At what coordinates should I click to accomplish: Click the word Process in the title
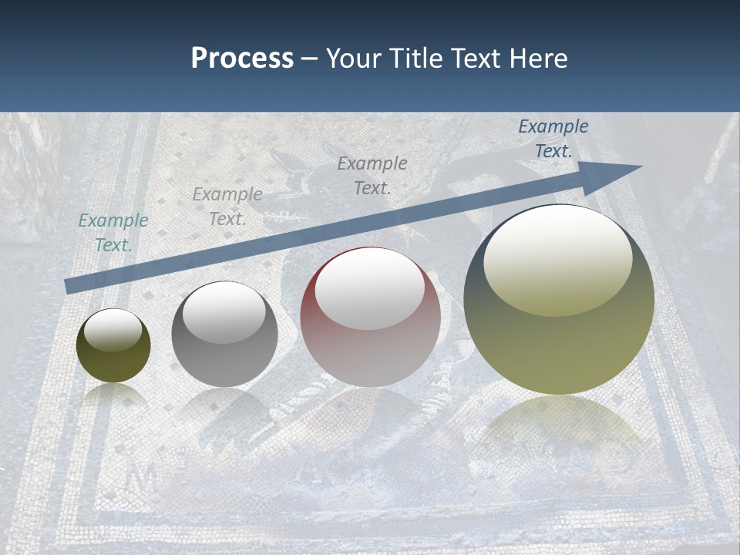[242, 59]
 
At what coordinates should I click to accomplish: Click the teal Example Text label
[113, 233]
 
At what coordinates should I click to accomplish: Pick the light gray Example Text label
[227, 207]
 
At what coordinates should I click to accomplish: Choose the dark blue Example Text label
[553, 139]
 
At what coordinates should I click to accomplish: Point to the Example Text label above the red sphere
[372, 175]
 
